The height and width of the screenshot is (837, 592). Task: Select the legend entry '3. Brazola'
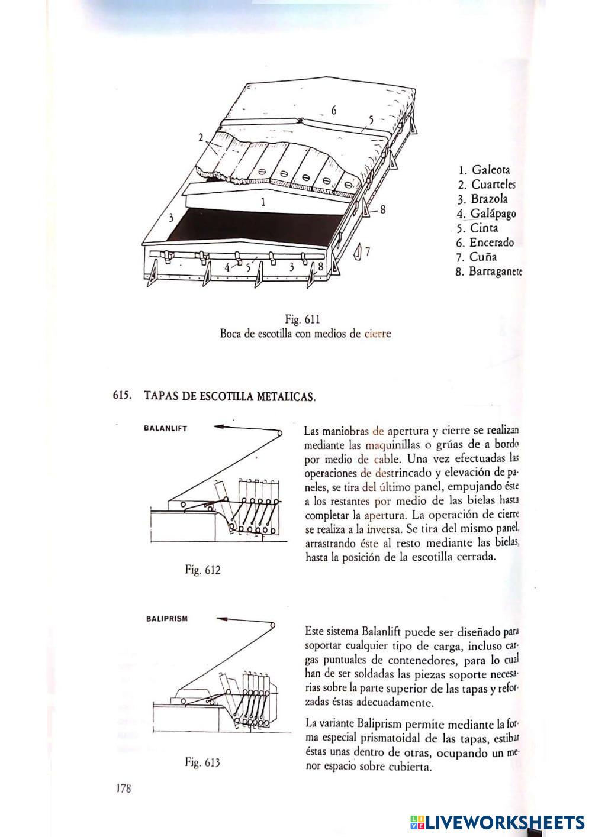tap(482, 199)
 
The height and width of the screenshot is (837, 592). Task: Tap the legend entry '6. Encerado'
tap(485, 243)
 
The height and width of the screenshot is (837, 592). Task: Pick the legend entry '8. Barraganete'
tap(489, 272)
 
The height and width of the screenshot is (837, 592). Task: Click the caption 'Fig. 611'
tap(303, 320)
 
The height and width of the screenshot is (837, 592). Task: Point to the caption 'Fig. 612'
tap(202, 570)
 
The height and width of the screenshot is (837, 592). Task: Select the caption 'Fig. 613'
tap(202, 762)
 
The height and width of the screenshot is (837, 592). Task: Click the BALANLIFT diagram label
tap(165, 428)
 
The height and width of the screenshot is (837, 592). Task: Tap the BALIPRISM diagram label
tap(166, 619)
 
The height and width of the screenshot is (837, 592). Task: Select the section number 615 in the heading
tap(122, 396)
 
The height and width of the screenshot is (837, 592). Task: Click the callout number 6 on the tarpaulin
tap(334, 110)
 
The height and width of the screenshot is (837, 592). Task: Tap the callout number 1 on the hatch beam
tap(263, 201)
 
